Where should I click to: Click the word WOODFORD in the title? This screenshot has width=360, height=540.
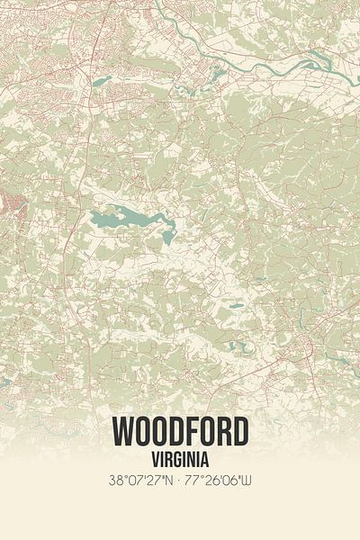(180, 433)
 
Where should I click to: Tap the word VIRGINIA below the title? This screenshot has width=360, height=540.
(180, 456)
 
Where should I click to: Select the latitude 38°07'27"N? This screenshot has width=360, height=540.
(144, 479)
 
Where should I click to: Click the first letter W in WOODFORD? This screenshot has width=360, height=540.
(125, 433)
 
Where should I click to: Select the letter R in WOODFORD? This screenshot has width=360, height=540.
(221, 433)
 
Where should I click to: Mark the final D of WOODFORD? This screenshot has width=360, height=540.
(238, 433)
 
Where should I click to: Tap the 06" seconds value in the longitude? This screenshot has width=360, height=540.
(230, 479)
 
